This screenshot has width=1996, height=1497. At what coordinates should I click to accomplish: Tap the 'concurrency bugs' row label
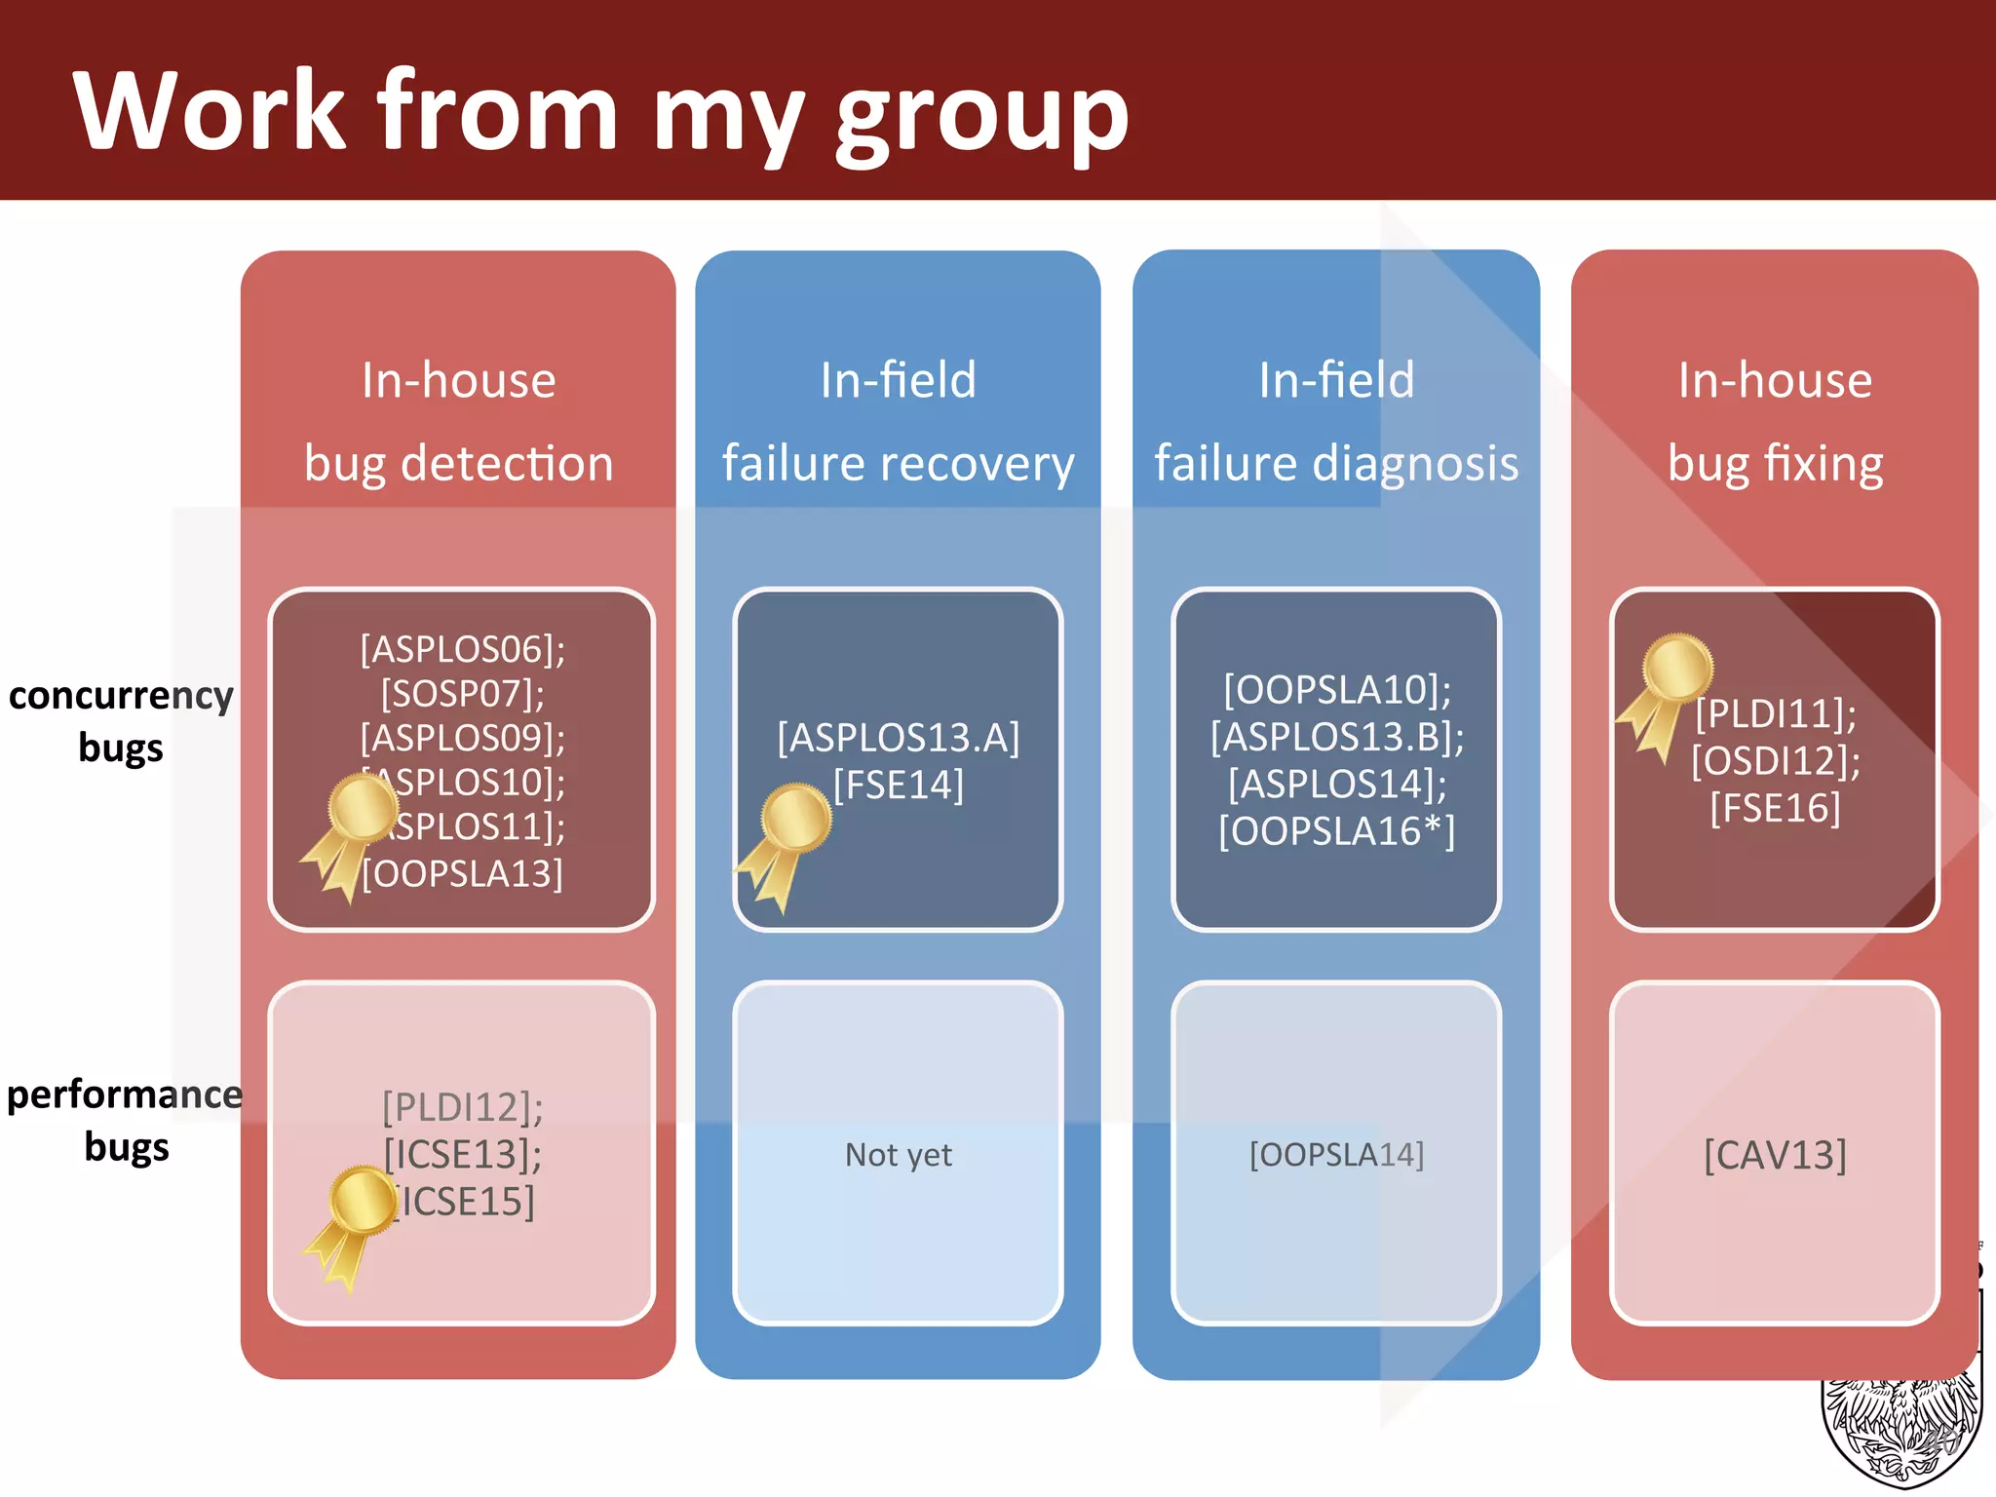coord(121,721)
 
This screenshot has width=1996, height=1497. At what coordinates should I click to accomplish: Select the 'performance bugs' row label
coord(125,1120)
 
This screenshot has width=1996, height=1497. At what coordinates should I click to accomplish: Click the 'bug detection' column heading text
coord(458,463)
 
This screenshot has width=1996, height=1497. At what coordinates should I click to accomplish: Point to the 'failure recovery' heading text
coord(898,463)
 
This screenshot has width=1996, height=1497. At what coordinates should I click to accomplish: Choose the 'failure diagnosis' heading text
coord(1336,463)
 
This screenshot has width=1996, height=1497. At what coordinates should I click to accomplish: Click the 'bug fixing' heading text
coord(1775,463)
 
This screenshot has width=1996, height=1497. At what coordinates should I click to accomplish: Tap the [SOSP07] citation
coord(462,693)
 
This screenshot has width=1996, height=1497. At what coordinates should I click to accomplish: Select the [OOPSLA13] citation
coord(462,873)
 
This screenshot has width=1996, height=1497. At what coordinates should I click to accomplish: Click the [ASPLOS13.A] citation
coord(898,738)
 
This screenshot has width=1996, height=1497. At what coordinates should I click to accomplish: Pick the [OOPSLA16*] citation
coord(1336,830)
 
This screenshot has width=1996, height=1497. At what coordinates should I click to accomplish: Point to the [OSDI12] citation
coord(1775,760)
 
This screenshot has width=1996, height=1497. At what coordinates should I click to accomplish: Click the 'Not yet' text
coord(898,1155)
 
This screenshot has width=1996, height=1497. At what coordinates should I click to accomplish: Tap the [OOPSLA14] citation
coord(1336,1155)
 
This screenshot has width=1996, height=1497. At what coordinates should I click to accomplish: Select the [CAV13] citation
coord(1775,1155)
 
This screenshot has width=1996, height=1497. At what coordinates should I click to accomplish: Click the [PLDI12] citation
coord(462,1107)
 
